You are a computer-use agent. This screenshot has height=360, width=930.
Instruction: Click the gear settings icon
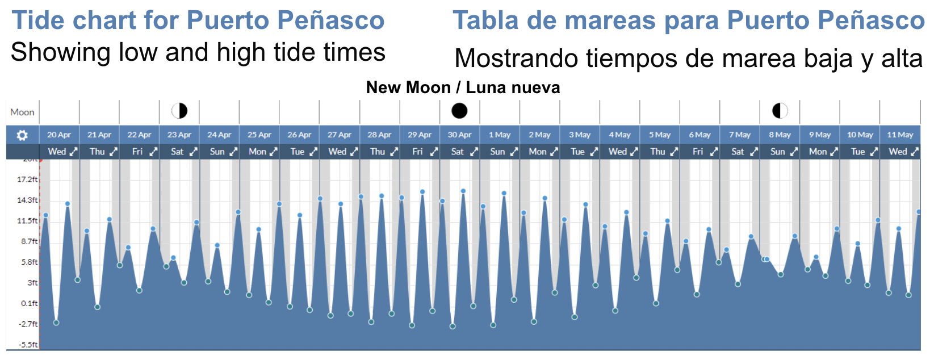coord(22,135)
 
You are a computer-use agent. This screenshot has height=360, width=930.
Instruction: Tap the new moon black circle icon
coord(459,110)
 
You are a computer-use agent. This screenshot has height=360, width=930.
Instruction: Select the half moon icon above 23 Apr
coord(179,110)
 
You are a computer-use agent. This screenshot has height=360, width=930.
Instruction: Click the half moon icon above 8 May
coord(780,110)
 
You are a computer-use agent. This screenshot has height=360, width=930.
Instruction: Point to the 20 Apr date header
coord(59,135)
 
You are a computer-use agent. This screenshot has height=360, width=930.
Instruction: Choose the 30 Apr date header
coord(459,135)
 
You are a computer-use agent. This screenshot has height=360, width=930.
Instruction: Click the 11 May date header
coord(900,135)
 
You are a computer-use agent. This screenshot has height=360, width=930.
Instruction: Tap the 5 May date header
coord(660,135)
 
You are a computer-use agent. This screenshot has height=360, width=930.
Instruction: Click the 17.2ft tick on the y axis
coord(27,179)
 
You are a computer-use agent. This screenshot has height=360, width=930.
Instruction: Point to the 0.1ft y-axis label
coord(30,303)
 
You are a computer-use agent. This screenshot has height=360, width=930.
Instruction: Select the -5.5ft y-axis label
coord(28,345)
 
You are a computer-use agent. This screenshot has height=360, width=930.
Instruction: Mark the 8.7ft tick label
coord(30,241)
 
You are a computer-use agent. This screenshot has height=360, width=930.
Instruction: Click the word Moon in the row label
coord(22,112)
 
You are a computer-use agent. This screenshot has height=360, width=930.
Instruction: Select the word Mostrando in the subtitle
coord(516,58)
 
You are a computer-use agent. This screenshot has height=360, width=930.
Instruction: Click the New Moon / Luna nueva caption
coord(463,87)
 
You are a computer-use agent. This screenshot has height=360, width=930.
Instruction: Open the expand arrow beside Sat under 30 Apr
coord(474,152)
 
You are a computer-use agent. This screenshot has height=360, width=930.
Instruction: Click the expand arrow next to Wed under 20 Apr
coord(73,152)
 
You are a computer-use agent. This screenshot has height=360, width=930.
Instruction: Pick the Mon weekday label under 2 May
coord(537,152)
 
